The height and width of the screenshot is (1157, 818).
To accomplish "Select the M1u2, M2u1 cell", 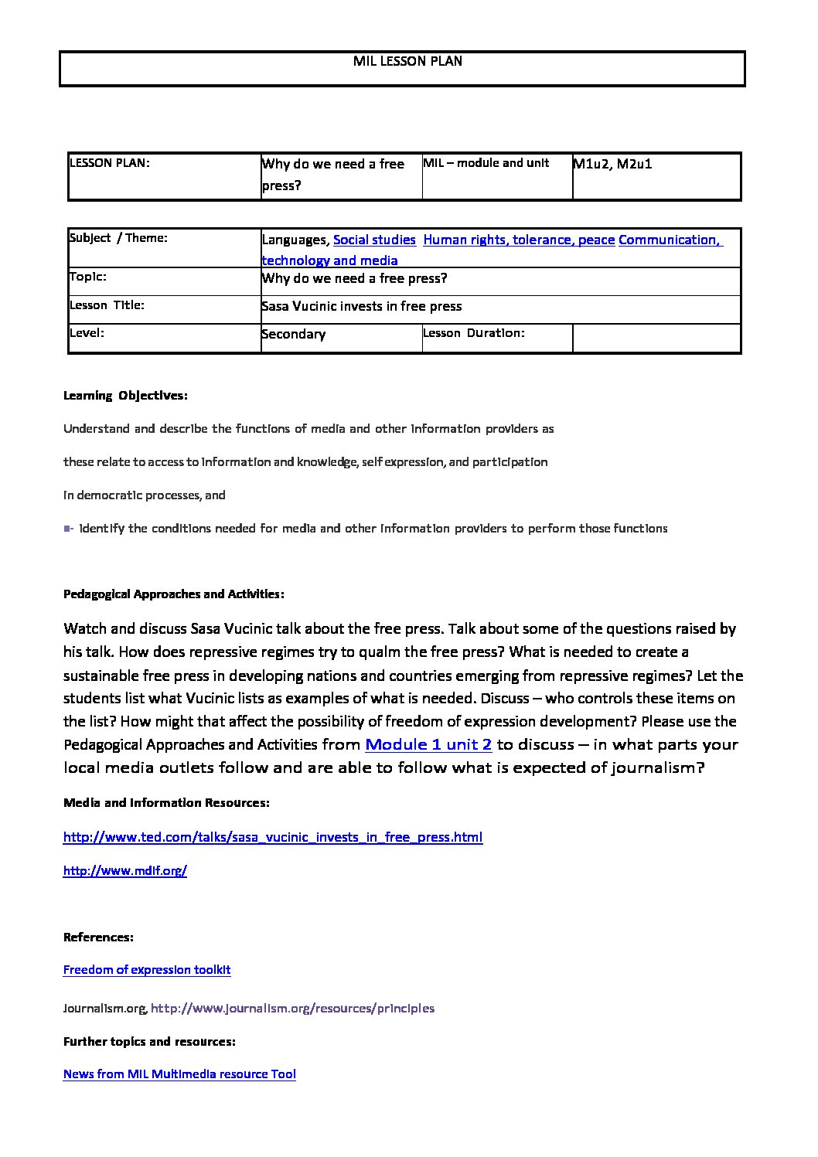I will coord(612,164).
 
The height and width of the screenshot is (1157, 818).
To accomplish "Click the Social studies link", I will coord(374,240).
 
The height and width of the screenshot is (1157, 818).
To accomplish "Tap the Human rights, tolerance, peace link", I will coord(519,240).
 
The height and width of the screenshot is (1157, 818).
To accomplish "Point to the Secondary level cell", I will coord(294,334).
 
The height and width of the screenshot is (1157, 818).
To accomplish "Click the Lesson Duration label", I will coord(474,333).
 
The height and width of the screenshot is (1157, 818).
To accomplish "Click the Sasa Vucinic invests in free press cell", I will coord(362,306).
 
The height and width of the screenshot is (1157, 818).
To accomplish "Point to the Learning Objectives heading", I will coord(125,396).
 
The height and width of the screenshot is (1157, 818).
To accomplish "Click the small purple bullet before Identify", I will coord(67,529).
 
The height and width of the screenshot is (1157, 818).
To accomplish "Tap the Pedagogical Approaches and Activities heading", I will coord(174,594).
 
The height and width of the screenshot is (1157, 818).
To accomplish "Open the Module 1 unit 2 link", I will coord(428,744).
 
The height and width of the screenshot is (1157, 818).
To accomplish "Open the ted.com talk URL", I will coord(273,837).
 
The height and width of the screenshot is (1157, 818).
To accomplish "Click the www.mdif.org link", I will coord(125,870).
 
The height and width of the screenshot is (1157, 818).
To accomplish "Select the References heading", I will coord(98,937).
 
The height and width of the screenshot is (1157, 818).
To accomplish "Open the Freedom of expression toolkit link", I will coord(147,970).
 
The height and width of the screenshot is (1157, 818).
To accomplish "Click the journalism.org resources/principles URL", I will coord(292,1008).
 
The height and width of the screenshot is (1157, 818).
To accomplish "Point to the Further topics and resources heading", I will coord(149,1041).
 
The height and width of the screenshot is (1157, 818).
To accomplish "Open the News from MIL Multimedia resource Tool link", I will coord(179,1074).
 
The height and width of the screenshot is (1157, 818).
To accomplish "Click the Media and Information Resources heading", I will coord(166,803).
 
